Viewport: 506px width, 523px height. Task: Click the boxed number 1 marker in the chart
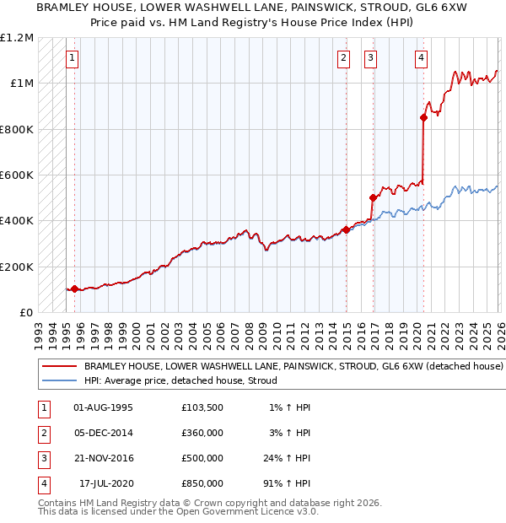[x=73, y=58]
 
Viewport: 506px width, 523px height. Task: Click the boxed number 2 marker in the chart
[x=344, y=58]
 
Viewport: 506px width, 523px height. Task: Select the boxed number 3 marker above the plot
[x=370, y=58]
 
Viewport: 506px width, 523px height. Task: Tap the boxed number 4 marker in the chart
[x=421, y=58]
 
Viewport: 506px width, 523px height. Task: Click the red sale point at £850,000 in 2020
[x=423, y=118]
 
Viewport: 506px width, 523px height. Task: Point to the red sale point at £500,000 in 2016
[x=373, y=198]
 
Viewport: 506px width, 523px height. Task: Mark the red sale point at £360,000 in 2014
[x=346, y=229]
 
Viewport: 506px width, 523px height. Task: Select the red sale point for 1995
[x=74, y=288]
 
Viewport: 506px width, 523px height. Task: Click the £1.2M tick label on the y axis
[x=17, y=38]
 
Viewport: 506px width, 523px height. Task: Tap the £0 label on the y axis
[x=25, y=312]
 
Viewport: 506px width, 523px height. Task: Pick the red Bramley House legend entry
[x=293, y=367]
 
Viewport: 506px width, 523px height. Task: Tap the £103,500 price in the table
[x=202, y=407]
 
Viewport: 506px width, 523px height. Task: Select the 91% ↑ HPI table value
[x=286, y=483]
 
